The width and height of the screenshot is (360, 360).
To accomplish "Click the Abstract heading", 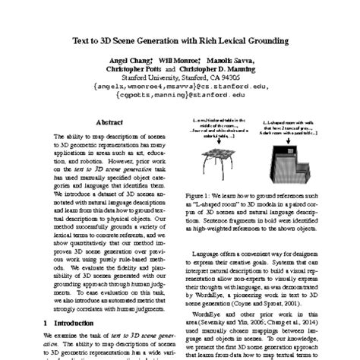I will coord(112,122).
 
